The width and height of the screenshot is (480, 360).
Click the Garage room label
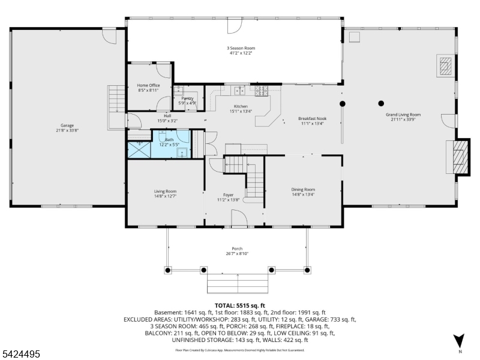click(67, 125)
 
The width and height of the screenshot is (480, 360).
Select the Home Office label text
click(148, 85)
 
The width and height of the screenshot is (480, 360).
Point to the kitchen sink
click(238, 91)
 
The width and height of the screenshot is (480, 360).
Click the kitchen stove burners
click(262, 91)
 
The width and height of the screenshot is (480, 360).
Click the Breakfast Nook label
click(311, 119)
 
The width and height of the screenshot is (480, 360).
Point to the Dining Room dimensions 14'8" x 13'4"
click(303, 194)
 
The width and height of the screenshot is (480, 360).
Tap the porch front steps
click(238, 281)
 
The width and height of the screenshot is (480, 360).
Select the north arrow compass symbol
click(460, 341)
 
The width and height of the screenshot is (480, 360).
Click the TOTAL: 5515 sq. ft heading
click(239, 305)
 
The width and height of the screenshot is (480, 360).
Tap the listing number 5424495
click(21, 355)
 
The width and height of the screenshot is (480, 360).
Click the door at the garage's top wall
click(110, 35)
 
